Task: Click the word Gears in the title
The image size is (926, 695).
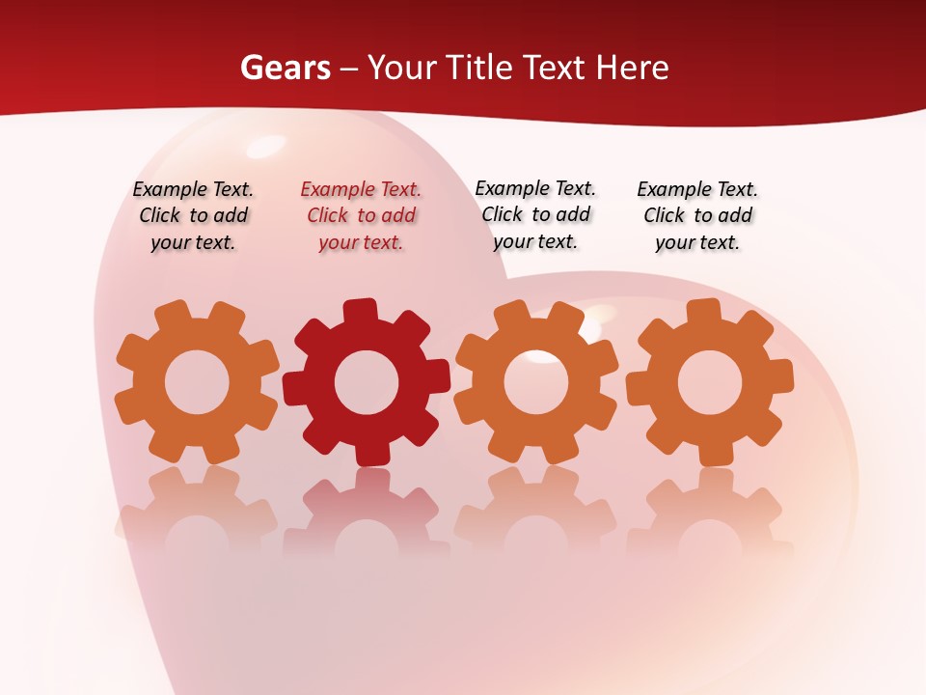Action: point(285,68)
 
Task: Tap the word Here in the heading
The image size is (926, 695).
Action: point(632,68)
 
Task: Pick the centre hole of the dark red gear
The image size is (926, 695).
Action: point(367,382)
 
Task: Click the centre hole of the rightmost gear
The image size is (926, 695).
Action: point(710,382)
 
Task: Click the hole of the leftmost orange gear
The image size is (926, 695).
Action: point(197,382)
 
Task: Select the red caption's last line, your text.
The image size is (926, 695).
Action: point(361,243)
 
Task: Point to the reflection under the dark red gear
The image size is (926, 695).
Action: point(367,512)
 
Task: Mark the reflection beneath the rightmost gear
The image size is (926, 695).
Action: point(710,512)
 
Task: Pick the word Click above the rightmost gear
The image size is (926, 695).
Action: point(664,216)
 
